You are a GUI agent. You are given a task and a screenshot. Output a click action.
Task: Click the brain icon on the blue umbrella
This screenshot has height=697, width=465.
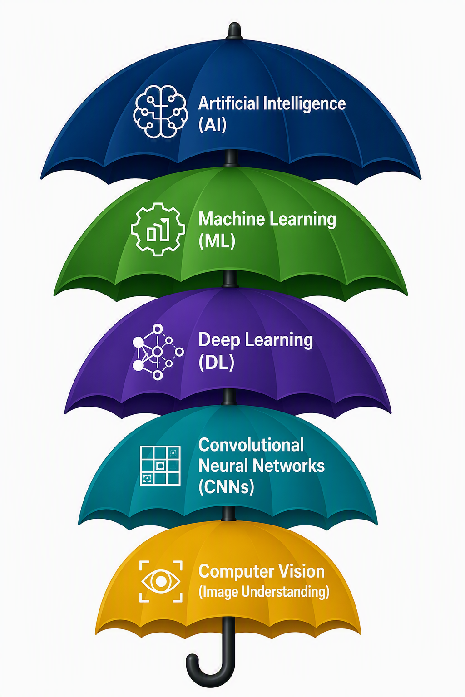tap(160, 111)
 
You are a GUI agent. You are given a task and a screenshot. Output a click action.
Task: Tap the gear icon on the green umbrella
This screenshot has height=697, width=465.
tap(158, 229)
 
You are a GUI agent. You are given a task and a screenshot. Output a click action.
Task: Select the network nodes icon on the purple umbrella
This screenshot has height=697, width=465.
tap(158, 352)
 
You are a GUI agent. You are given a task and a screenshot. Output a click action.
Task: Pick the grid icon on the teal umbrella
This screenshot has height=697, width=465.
tap(160, 466)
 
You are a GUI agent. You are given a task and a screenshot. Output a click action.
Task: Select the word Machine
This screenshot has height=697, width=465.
tap(232, 219)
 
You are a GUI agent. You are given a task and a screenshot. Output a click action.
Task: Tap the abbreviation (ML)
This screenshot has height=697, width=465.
tap(217, 241)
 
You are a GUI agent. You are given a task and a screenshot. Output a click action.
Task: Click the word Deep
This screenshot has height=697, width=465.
tap(219, 340)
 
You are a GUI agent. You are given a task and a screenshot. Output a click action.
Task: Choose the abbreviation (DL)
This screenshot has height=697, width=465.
tap(216, 363)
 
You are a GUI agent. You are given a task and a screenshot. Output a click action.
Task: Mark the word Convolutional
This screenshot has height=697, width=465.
tap(251, 445)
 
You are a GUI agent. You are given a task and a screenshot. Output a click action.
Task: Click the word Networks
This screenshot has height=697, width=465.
tap(288, 466)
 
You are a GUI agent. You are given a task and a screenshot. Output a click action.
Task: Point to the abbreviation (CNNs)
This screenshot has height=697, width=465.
tap(226, 487)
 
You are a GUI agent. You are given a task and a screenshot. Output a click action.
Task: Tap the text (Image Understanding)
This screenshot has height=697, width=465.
tap(264, 592)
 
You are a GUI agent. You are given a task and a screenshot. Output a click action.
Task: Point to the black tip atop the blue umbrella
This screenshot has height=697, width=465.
tap(234, 32)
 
